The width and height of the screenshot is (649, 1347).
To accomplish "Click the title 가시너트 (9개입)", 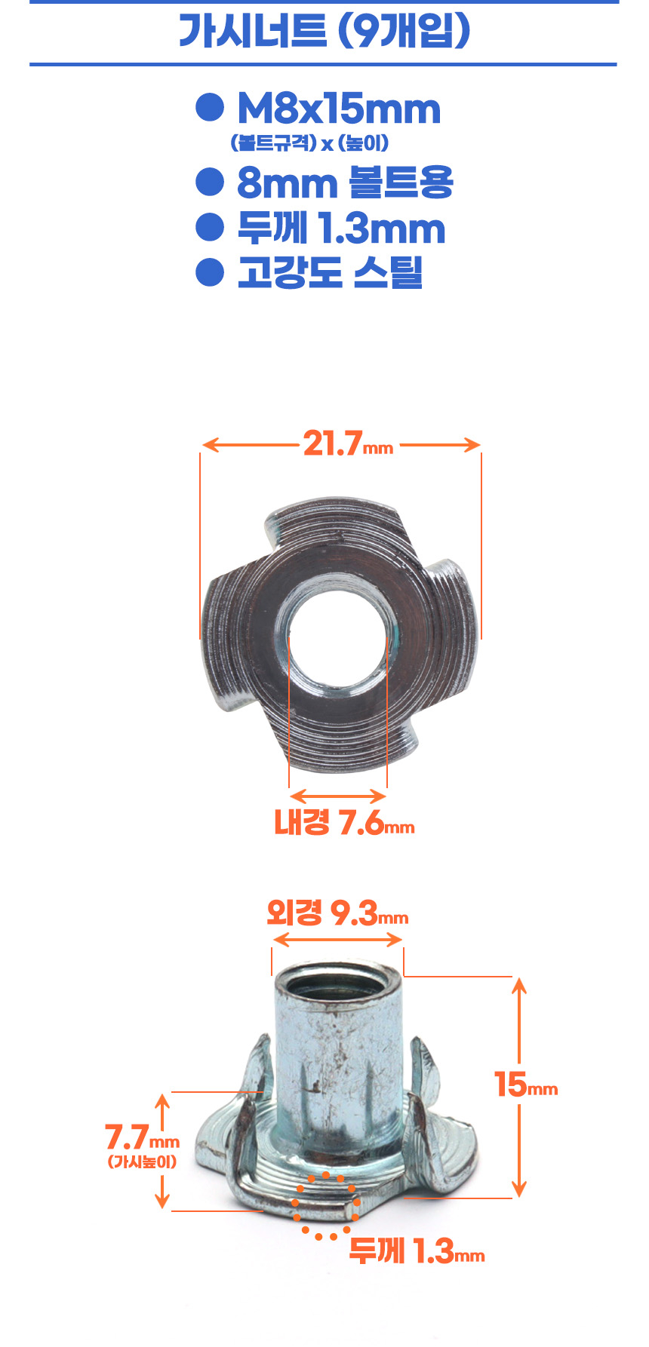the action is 324,32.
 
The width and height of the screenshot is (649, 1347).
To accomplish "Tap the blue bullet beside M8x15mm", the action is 210,108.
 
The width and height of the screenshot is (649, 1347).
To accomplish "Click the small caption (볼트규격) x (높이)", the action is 309,143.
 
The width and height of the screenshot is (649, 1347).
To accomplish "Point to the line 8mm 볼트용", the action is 345,183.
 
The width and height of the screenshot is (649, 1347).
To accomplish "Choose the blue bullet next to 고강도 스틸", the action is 210,272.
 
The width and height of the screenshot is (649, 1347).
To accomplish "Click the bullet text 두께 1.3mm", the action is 341,229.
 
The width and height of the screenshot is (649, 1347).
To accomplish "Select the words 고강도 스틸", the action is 330,272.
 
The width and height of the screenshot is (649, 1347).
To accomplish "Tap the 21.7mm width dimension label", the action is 348,443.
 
